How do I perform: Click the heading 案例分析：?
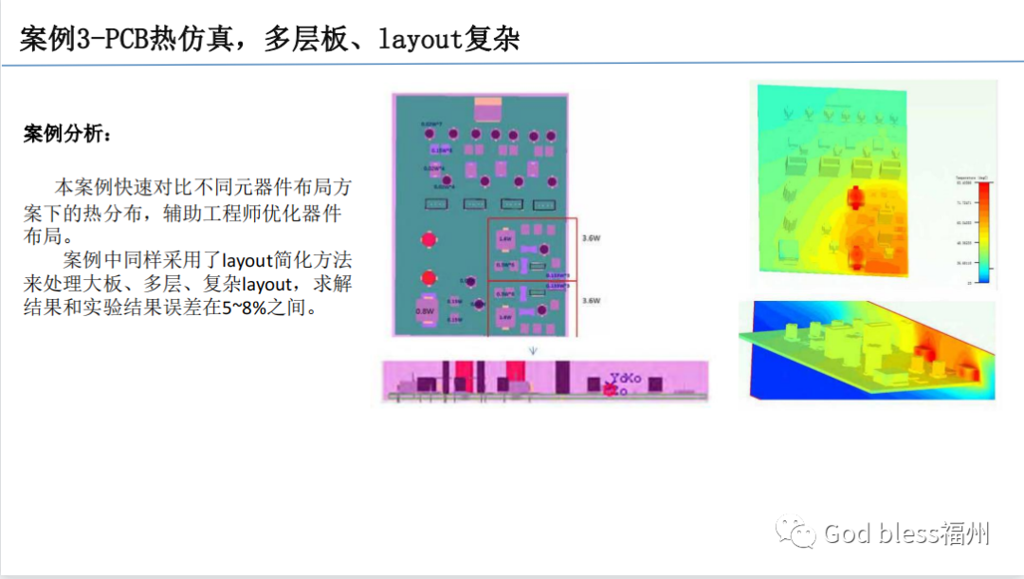[66, 134]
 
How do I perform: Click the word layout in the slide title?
[420, 39]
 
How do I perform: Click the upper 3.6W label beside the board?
[591, 239]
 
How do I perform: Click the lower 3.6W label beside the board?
[591, 301]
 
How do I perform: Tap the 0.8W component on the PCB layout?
[425, 311]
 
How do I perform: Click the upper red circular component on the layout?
[430, 240]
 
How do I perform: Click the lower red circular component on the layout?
[430, 278]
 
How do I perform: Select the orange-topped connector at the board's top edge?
[490, 108]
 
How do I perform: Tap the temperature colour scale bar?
[983, 233]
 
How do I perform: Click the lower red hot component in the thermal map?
[856, 254]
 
